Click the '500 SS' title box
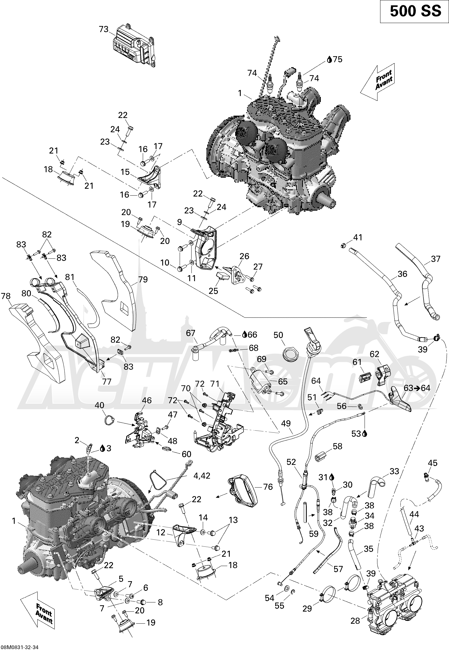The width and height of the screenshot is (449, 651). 414,11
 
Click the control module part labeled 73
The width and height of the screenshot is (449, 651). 134,46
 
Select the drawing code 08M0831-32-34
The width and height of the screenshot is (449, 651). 20,647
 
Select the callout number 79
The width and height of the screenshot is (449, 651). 143,280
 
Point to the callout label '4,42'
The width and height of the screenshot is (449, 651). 201,476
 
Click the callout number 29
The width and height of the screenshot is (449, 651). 307,599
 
